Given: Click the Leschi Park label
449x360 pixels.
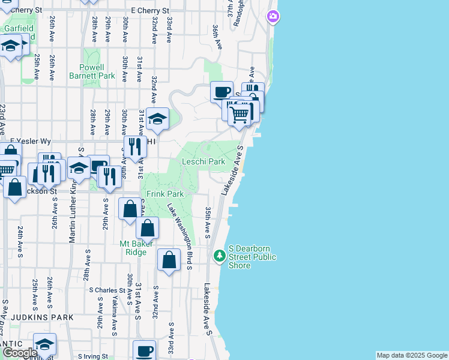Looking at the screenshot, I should coord(203,161).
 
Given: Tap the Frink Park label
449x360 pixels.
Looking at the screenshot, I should coord(165,194).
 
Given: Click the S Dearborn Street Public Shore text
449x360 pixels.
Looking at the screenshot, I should coord(253,257).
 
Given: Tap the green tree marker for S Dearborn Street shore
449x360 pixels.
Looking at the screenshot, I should coord(220,256).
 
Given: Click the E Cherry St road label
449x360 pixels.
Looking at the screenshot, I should coord(150,11).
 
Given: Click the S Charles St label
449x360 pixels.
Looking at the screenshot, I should coord(108,290).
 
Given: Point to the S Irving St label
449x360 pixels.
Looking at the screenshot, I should coord(97,356).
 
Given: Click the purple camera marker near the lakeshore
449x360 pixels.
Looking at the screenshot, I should coord(273,17).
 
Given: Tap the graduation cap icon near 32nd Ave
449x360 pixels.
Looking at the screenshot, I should coord(157,119).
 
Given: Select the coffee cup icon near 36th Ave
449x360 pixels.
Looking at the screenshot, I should coord(221,92).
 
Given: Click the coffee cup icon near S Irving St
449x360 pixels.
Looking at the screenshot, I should coord(144,351).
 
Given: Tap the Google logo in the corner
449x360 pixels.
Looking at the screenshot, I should coord(20,353).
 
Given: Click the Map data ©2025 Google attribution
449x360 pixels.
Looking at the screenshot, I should coord(411,355).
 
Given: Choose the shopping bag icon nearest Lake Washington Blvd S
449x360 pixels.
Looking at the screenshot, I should coord(169,260).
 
